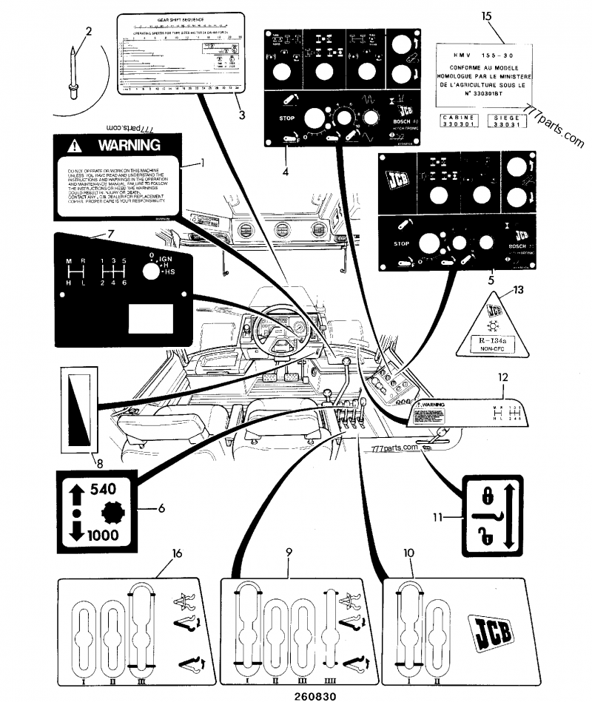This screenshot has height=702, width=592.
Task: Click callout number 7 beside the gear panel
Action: (110, 234)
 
